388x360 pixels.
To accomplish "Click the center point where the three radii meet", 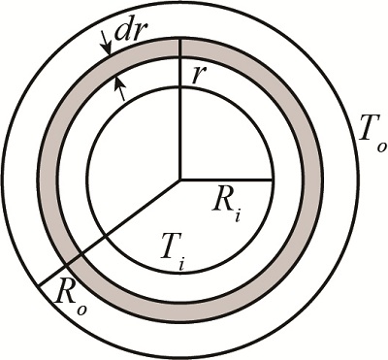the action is [179, 180].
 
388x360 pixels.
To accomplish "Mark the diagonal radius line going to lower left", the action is [107, 232].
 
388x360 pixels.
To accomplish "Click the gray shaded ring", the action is [310, 180].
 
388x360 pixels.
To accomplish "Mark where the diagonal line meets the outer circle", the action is [39, 282].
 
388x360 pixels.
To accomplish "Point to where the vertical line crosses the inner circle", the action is [179, 87].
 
